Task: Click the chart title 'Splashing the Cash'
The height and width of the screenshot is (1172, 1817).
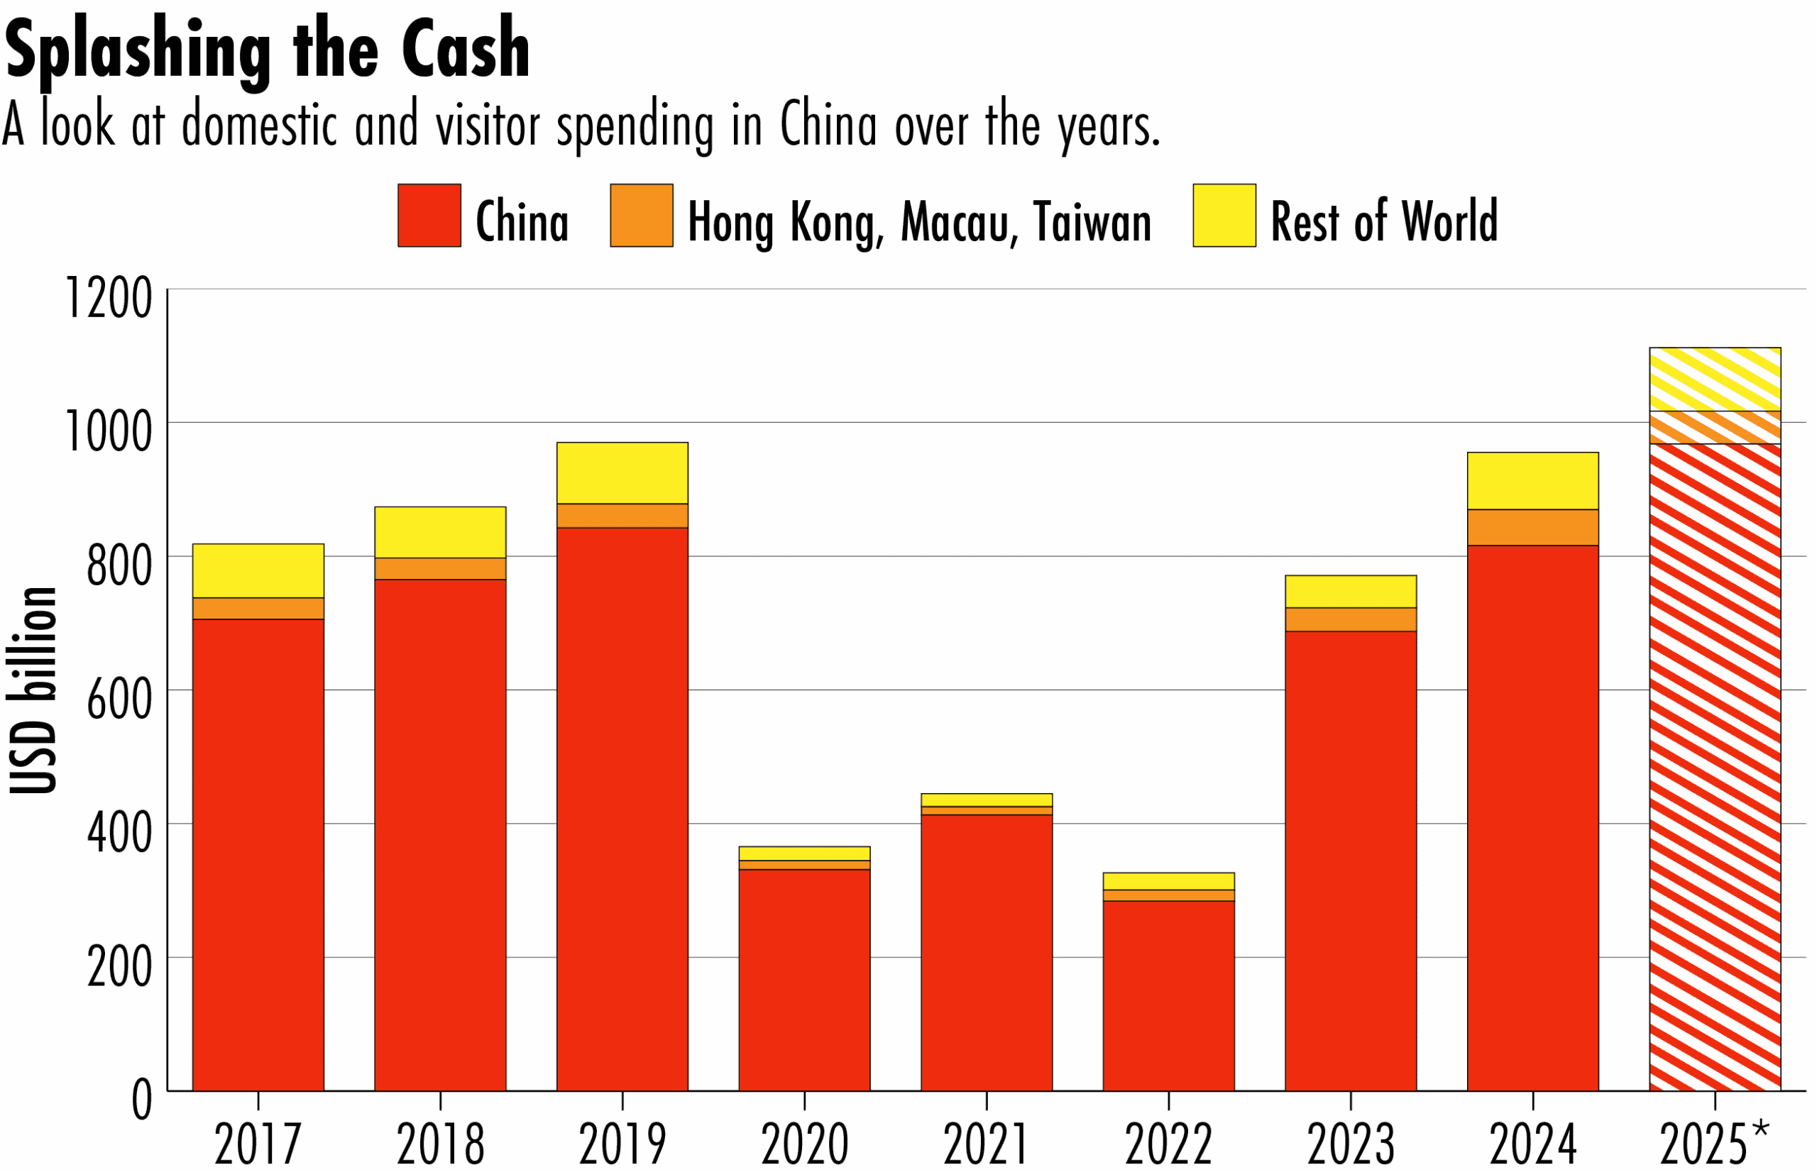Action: coord(266,50)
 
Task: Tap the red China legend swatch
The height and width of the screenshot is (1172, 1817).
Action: coord(429,216)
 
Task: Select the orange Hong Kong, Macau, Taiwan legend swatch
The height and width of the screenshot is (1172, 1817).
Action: coord(642,216)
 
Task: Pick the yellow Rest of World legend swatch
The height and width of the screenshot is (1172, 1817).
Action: coord(1224,216)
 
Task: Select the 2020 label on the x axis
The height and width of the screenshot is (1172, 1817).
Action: coord(805,1144)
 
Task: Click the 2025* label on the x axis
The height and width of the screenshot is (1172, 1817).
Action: coord(1714,1142)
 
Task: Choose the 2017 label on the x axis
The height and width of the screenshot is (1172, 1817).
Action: coord(258,1144)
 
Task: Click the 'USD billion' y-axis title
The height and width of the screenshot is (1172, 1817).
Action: coord(33,690)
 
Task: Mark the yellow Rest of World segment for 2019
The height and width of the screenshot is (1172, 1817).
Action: coord(622,472)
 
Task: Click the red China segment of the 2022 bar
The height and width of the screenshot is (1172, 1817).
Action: coord(1168,996)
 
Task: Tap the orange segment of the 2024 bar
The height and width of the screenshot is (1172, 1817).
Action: coord(1532,527)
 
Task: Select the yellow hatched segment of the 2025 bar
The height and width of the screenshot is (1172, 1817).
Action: coord(1714,379)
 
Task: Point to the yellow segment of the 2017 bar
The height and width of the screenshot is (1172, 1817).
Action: coord(258,571)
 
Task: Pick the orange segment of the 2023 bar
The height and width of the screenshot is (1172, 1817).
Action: coord(1351,619)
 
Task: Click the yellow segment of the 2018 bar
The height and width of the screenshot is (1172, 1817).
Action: coord(440,532)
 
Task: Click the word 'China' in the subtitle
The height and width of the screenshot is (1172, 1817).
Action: coord(828,125)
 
